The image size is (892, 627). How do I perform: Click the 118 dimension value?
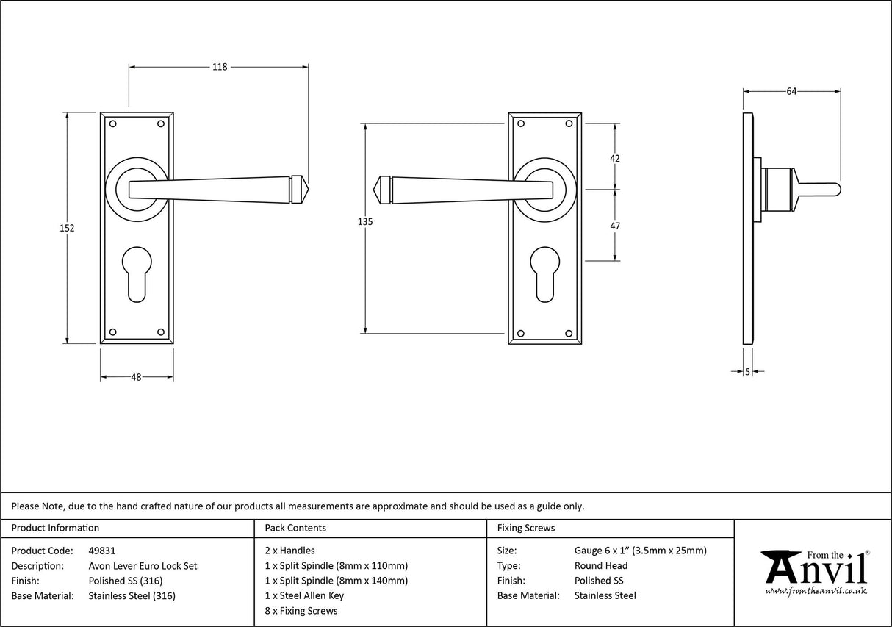[x=220, y=67]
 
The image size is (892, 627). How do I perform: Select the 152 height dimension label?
[x=67, y=228]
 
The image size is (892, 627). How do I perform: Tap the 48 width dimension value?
[x=136, y=377]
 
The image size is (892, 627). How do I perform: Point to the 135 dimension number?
[x=365, y=221]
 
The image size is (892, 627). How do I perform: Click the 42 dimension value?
[x=615, y=158]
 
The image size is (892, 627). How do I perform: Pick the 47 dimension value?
[x=615, y=226]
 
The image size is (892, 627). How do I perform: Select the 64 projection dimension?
[x=791, y=92]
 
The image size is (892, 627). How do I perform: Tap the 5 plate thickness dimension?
[x=747, y=372]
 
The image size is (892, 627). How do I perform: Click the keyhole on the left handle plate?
[x=137, y=274]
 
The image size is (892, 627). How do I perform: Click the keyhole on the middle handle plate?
[x=544, y=274]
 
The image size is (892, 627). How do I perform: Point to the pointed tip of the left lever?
[x=306, y=189]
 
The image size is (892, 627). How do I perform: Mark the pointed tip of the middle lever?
[x=377, y=189]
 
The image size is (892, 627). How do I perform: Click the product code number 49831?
[x=101, y=550]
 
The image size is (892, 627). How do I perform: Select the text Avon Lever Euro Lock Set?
[x=143, y=566]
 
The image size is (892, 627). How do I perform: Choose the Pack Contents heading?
[x=295, y=528]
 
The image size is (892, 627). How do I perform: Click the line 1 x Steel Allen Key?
[x=304, y=595]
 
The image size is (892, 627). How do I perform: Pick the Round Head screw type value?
[x=601, y=566]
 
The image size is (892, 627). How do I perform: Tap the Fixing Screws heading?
[x=526, y=528]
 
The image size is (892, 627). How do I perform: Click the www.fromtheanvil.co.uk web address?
[x=816, y=590]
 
